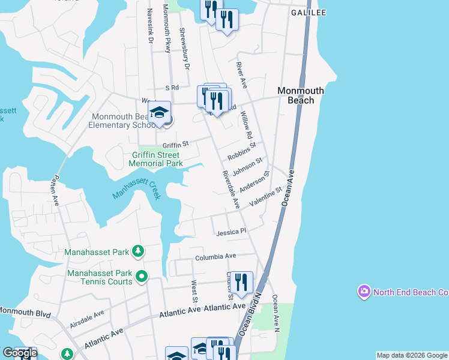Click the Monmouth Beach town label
point(300,95)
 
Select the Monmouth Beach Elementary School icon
point(159,112)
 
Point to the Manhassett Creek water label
point(137,191)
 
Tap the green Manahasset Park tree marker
point(138,251)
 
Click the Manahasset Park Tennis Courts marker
point(142,276)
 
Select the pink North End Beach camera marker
point(364,292)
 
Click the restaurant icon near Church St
point(241,283)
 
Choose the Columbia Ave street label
point(215,257)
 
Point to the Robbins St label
point(242,152)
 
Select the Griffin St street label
point(175,145)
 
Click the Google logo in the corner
point(20,353)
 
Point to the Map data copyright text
point(412,356)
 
